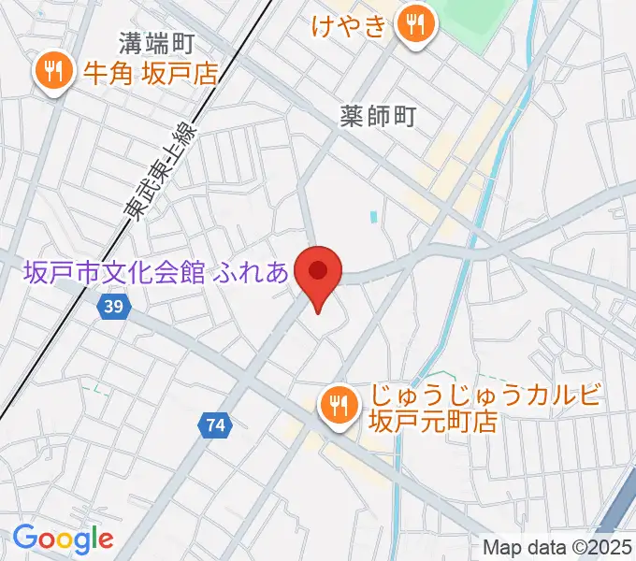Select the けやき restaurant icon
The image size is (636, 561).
(413, 25)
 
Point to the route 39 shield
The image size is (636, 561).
(113, 307)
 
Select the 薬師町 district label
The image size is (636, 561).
(377, 116)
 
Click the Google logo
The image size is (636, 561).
(63, 539)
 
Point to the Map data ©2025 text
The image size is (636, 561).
(557, 547)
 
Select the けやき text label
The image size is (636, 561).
(349, 26)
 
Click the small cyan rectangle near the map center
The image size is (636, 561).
(374, 217)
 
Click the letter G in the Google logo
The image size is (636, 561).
(26, 538)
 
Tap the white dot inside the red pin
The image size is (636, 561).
(318, 271)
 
